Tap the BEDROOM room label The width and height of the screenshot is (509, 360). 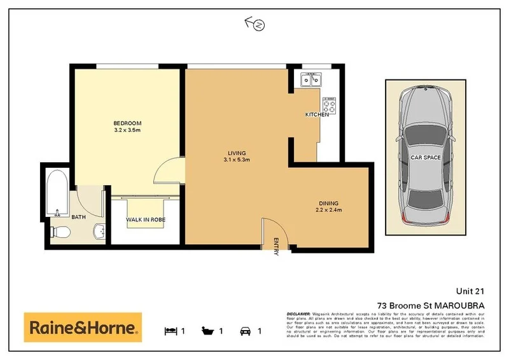[x=127, y=123]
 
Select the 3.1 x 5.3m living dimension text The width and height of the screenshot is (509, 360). [x=236, y=160]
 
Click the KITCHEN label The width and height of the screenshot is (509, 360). [x=317, y=114]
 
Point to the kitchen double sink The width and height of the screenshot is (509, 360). [x=312, y=80]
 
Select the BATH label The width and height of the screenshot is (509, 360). [x=79, y=217]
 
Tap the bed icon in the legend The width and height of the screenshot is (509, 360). [x=170, y=331]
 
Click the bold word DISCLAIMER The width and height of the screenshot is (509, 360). [x=298, y=314]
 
